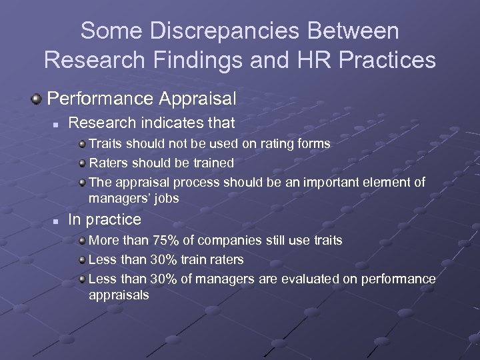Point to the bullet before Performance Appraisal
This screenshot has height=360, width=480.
pos(37,99)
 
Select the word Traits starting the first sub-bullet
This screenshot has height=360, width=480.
pos(105,143)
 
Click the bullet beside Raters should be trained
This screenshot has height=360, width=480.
pos(81,163)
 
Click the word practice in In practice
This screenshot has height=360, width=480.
pos(113,219)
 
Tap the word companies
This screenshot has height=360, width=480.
pos(231,240)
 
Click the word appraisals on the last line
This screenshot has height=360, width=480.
pos(119,295)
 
